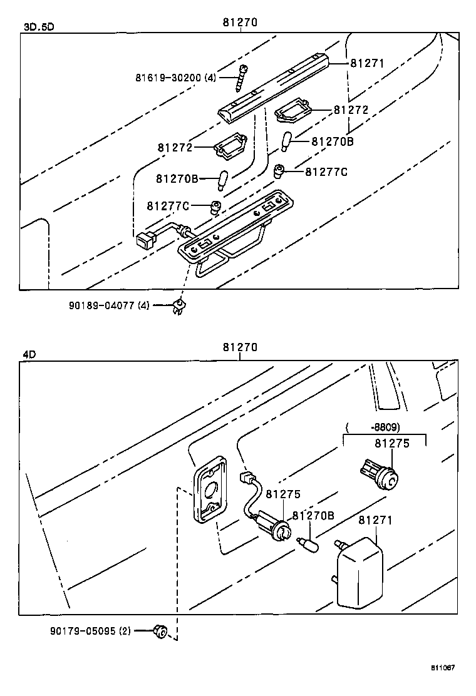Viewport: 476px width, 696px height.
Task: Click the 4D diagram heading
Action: (29, 354)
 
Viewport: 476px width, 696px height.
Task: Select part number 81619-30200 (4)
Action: (175, 78)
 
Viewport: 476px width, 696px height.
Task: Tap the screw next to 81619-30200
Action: (242, 78)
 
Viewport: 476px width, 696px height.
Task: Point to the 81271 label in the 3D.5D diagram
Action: (366, 63)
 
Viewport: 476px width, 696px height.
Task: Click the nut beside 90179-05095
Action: (160, 632)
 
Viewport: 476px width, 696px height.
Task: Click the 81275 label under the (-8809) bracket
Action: (391, 443)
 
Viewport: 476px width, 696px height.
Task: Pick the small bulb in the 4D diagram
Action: (309, 545)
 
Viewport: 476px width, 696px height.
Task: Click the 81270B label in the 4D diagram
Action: (313, 516)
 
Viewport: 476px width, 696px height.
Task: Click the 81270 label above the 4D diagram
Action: (240, 347)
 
